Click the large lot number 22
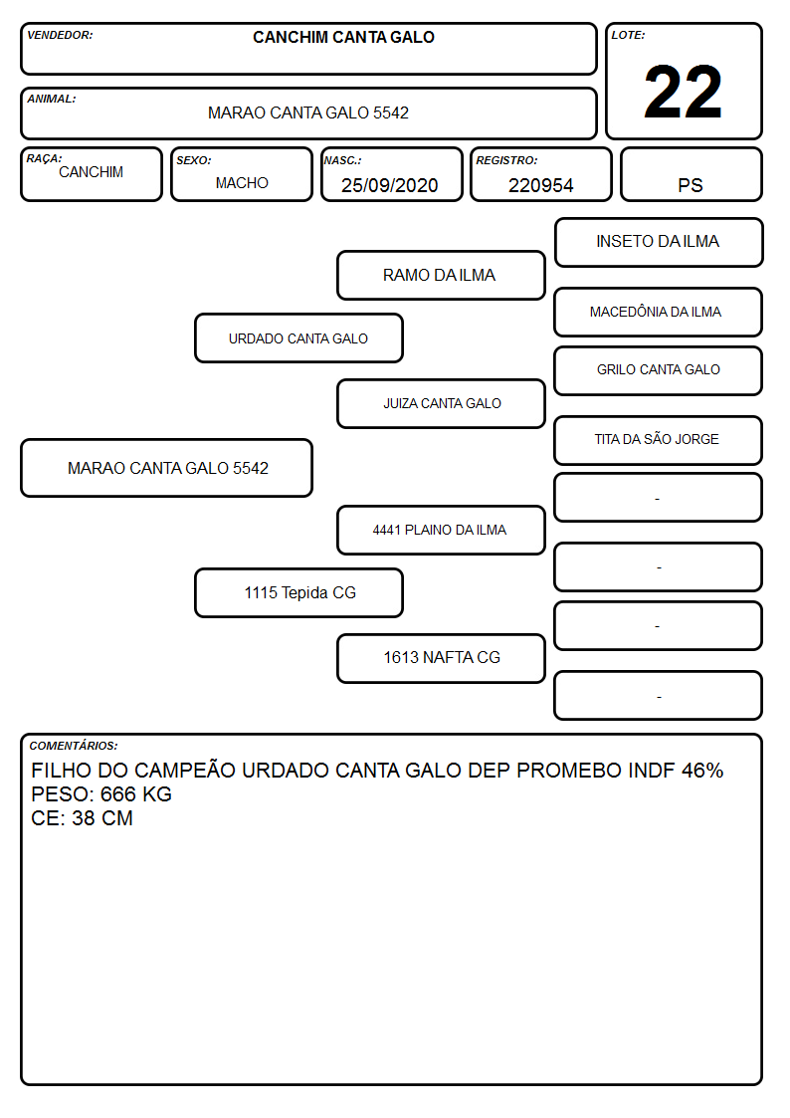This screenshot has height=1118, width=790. click(x=683, y=92)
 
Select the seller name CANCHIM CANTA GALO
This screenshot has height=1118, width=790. click(x=343, y=37)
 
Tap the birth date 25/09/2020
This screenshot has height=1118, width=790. click(x=390, y=185)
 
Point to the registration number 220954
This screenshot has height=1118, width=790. click(x=540, y=185)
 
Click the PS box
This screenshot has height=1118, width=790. click(x=691, y=174)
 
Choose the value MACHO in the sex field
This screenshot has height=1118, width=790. click(x=242, y=183)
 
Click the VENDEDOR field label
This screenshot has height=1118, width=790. click(x=60, y=35)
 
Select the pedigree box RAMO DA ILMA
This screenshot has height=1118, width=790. click(x=441, y=275)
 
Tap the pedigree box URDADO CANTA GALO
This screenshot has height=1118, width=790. click(x=298, y=338)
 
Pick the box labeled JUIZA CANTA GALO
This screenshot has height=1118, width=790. click(x=441, y=403)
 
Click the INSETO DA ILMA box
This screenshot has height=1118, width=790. click(x=659, y=243)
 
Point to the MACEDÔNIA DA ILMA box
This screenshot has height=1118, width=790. click(x=659, y=313)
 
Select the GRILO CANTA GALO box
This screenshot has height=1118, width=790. click(x=659, y=370)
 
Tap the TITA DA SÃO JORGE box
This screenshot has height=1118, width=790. click(x=659, y=441)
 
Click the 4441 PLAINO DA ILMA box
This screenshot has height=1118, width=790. click(x=441, y=531)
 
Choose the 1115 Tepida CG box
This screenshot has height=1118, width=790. click(x=298, y=593)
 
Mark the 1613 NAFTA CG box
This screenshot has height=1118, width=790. click(x=441, y=658)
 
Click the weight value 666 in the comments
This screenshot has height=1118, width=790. click(x=118, y=794)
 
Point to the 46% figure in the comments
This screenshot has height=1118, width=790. click(x=702, y=770)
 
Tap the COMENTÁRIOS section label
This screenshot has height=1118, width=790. click(x=74, y=746)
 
